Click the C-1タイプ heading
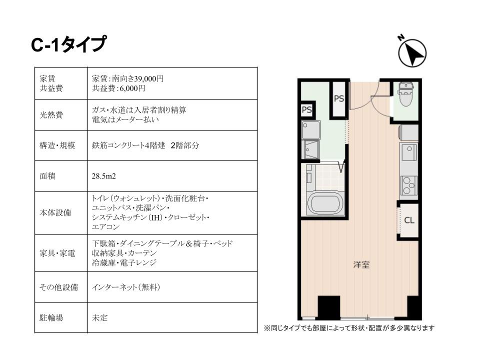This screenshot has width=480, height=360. (69, 44)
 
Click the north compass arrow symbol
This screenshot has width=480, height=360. (412, 53)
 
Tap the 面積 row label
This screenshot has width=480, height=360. (47, 176)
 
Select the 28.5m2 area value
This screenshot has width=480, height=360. (104, 176)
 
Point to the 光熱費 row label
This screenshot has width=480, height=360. (51, 115)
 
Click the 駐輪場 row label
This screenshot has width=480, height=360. (51, 317)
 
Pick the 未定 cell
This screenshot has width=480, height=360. (100, 317)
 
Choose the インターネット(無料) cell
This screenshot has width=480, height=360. (126, 287)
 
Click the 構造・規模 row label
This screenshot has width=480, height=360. (57, 145)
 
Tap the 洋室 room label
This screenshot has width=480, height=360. (361, 264)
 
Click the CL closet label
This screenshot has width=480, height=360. (409, 220)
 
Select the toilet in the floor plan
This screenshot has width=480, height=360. (406, 93)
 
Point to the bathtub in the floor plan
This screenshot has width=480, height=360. (325, 203)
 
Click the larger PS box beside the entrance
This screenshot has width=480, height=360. (339, 98)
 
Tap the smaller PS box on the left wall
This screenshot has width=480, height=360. (306, 109)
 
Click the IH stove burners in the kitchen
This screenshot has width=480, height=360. (408, 185)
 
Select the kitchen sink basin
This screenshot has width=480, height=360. (409, 153)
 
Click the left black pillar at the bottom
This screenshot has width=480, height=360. (329, 307)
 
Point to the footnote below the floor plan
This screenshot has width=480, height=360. (349, 328)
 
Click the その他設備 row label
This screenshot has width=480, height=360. (59, 287)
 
